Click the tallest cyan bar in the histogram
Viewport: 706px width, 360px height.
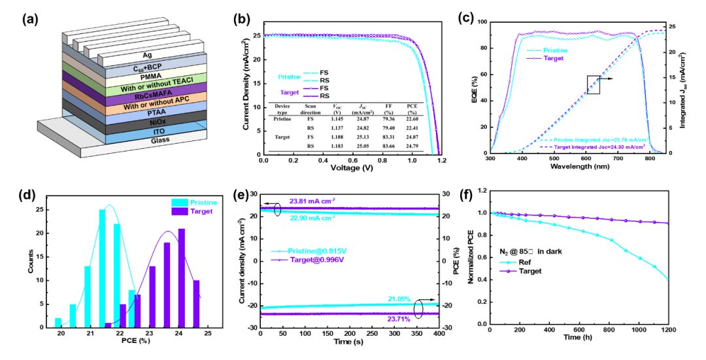tap(102, 268)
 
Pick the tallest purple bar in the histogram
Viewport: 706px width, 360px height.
tap(182, 278)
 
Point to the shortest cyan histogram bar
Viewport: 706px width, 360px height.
tap(58, 322)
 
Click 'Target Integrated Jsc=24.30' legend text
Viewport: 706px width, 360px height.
tap(595, 147)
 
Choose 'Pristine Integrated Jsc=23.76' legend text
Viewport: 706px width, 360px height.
tap(595, 140)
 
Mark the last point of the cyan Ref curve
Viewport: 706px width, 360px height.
tap(667, 280)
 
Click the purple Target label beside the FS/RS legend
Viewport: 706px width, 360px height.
tap(290, 93)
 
